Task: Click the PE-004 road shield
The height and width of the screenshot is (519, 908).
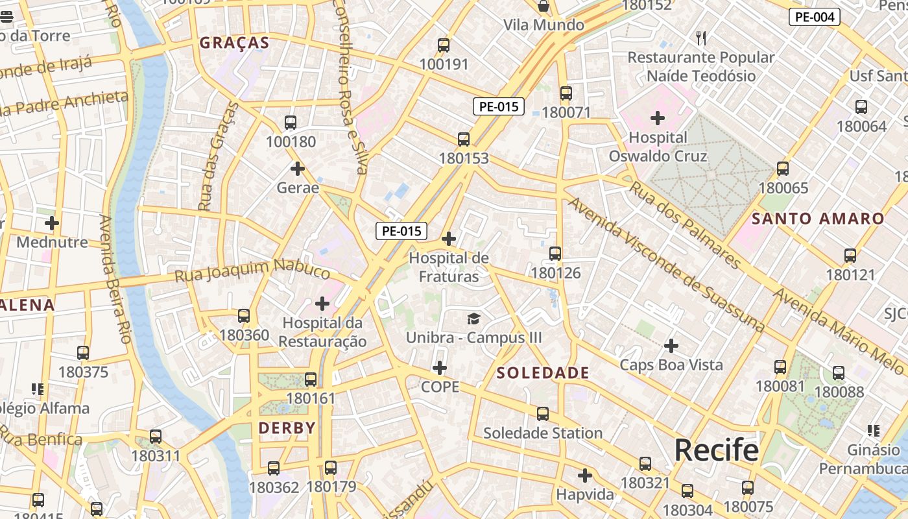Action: [x=814, y=17]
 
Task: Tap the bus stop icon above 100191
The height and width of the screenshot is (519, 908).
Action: [x=444, y=45]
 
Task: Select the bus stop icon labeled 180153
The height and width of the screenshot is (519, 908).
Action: [x=464, y=139]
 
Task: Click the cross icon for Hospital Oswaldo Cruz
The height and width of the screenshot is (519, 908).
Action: [x=658, y=118]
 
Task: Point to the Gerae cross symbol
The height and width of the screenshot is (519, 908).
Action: [x=298, y=169]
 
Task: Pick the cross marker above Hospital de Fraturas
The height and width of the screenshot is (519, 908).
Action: [x=449, y=239]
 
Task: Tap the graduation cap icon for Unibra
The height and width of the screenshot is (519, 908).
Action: [x=474, y=319]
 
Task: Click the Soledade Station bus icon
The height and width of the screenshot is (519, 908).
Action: [x=543, y=414]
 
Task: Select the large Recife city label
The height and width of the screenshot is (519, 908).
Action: [x=716, y=450]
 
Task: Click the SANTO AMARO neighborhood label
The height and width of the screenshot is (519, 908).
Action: [x=818, y=219]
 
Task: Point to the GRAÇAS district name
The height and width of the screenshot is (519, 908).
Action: [x=234, y=43]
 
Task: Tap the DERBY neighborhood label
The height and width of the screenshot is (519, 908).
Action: [x=287, y=428]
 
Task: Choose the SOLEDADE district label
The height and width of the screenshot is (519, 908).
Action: [x=543, y=373]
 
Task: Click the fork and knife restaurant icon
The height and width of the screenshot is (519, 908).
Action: [x=701, y=38]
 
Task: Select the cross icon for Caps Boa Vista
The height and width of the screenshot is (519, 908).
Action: [x=671, y=346]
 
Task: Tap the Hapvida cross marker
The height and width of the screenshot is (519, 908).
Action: [x=585, y=476]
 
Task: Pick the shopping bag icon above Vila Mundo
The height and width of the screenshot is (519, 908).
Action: [x=544, y=6]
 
